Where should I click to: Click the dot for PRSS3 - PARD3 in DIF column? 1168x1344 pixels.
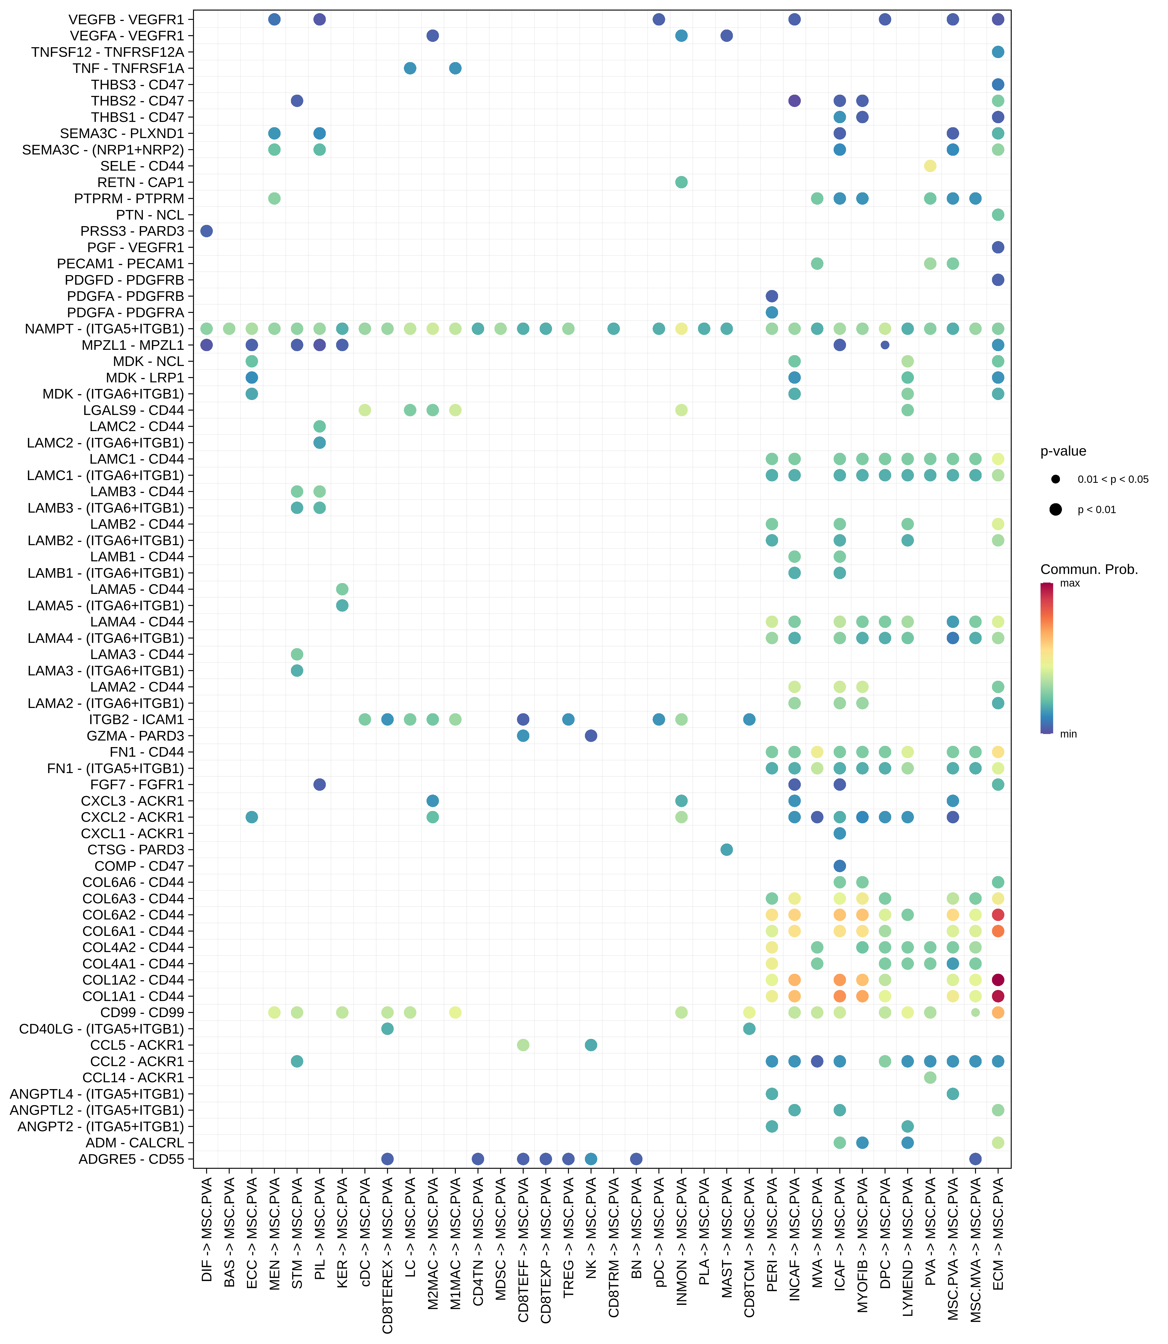point(207,231)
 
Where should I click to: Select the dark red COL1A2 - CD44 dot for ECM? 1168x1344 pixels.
point(997,980)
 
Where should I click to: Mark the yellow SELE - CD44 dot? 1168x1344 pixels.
point(930,166)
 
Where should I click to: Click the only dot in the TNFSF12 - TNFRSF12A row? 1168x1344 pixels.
point(997,52)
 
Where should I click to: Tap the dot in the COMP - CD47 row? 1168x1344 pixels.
point(839,866)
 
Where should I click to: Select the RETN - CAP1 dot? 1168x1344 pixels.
point(681,182)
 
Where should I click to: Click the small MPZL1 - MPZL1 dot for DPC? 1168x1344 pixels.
point(884,345)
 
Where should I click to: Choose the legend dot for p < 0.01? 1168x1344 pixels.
point(1055,509)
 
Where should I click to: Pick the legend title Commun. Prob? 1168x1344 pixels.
point(1088,569)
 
